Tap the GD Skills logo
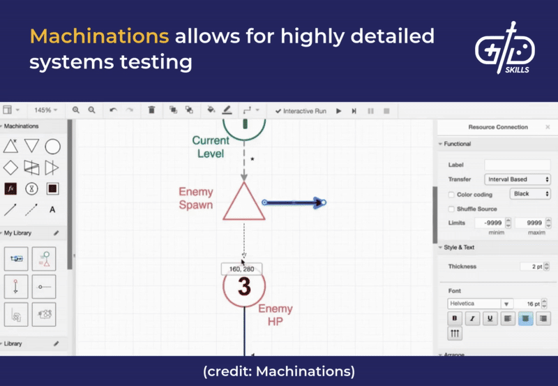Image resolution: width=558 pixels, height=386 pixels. click(x=504, y=50)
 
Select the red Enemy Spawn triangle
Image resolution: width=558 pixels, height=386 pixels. click(x=243, y=203)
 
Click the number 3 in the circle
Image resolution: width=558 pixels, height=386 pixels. click(x=244, y=286)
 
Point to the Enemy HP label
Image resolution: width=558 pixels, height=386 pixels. click(x=276, y=315)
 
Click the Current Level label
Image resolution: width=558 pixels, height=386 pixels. click(x=211, y=147)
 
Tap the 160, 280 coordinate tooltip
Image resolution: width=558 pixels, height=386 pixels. click(x=241, y=269)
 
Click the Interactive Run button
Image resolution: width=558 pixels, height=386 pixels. click(x=301, y=111)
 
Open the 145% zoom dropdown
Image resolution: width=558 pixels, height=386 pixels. click(x=46, y=110)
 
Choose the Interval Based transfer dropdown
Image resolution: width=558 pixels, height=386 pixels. click(x=518, y=179)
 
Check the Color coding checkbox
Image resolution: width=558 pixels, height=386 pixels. click(x=451, y=195)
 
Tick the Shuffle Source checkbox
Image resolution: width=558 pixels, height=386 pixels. click(x=451, y=209)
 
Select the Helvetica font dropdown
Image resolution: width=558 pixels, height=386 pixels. click(x=480, y=304)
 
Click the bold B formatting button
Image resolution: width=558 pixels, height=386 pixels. click(x=455, y=318)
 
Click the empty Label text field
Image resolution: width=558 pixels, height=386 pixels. click(x=518, y=165)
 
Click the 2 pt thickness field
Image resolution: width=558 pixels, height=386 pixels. click(x=531, y=267)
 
